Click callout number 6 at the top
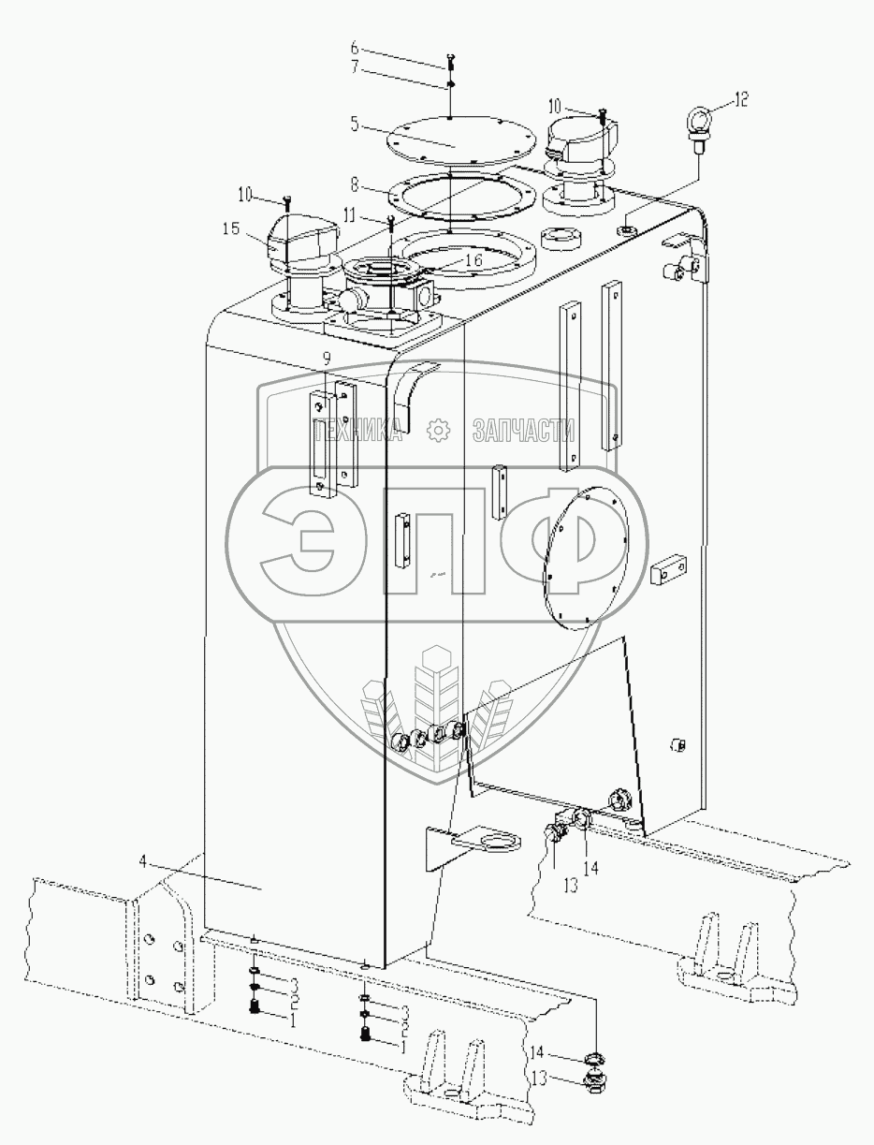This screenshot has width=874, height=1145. point(355,49)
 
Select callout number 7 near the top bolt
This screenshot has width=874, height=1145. point(355,67)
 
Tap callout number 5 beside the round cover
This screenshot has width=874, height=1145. point(355,125)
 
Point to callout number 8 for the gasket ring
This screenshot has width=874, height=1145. point(355,184)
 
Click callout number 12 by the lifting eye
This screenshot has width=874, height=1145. point(740,99)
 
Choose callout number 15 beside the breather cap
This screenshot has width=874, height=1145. point(231,228)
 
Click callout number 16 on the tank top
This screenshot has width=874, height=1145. point(474,259)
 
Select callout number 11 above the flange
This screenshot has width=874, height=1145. point(350,213)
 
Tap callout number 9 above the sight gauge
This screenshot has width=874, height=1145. point(327,359)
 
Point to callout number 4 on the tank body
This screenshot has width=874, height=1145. point(143,861)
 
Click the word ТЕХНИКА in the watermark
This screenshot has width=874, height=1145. point(357,431)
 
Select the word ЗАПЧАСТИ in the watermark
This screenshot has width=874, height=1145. point(524,431)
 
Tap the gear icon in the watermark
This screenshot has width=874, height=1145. point(438,431)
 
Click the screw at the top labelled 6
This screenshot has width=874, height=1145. point(449,61)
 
